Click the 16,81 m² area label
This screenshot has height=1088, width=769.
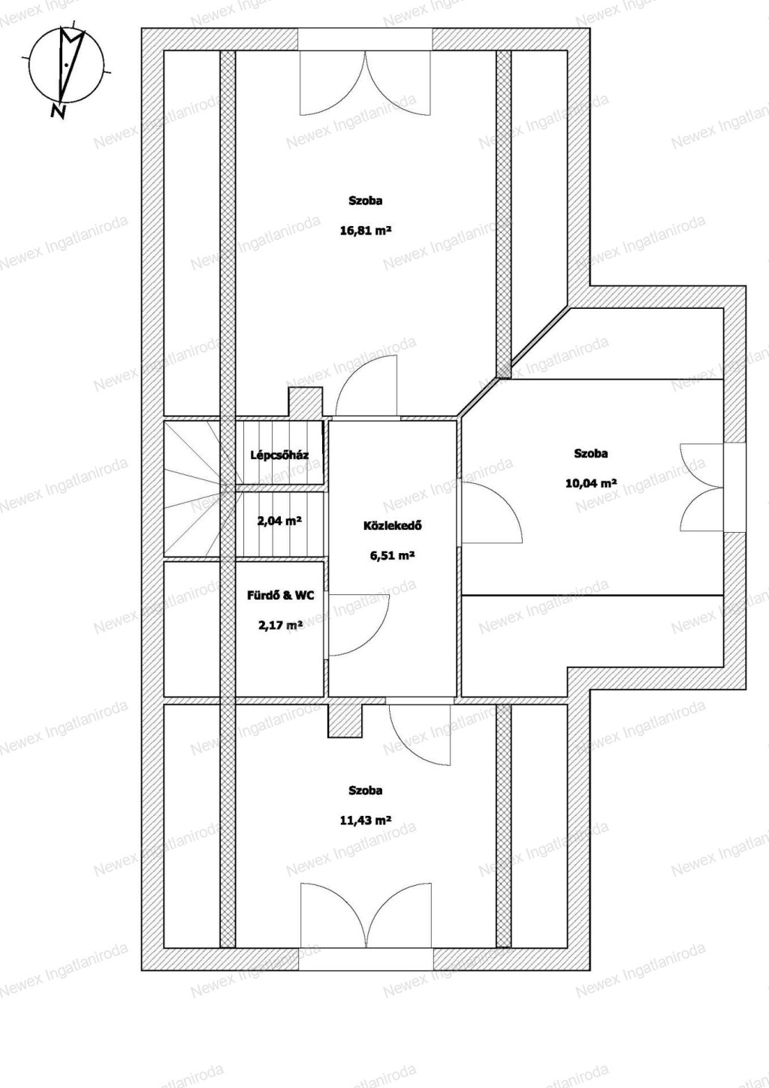pyautogui.click(x=365, y=231)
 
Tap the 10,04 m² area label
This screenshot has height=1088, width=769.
pyautogui.click(x=591, y=483)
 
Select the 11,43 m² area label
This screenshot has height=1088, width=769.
pyautogui.click(x=365, y=821)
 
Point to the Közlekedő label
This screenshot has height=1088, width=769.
pyautogui.click(x=392, y=525)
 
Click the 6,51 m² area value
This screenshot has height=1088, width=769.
pyautogui.click(x=392, y=556)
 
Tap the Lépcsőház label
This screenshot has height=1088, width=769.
pyautogui.click(x=279, y=455)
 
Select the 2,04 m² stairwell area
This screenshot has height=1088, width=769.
pyautogui.click(x=279, y=521)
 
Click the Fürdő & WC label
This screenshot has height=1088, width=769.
pyautogui.click(x=281, y=596)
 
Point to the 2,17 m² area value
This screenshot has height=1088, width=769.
pyautogui.click(x=281, y=625)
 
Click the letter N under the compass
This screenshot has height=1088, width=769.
pyautogui.click(x=59, y=112)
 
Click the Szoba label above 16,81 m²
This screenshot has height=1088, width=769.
pyautogui.click(x=365, y=201)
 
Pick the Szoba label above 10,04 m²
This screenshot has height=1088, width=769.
pyautogui.click(x=591, y=454)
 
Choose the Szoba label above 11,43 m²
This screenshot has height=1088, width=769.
pyautogui.click(x=365, y=790)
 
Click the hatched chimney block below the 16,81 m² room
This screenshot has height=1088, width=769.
pyautogui.click(x=306, y=402)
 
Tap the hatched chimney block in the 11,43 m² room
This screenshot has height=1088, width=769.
pyautogui.click(x=345, y=721)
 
